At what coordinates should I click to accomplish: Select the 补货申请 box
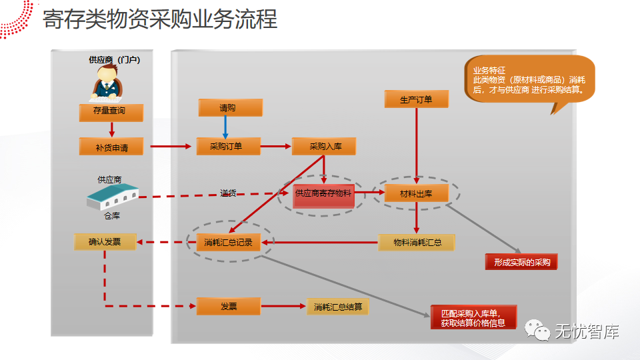pyautogui.click(x=111, y=147)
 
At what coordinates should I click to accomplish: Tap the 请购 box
pyautogui.click(x=230, y=107)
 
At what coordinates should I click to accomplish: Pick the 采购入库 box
pyautogui.click(x=323, y=146)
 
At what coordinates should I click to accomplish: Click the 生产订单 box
pyautogui.click(x=416, y=99)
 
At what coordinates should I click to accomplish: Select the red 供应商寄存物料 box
pyautogui.click(x=323, y=193)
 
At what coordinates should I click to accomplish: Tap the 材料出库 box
pyautogui.click(x=416, y=193)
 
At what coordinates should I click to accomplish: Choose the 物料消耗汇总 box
pyautogui.click(x=417, y=242)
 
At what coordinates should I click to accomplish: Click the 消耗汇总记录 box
pyautogui.click(x=229, y=242)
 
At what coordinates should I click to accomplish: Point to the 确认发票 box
pyautogui.click(x=105, y=241)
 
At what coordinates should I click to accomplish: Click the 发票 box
pyautogui.click(x=229, y=306)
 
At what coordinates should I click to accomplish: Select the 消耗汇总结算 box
pyautogui.click(x=338, y=307)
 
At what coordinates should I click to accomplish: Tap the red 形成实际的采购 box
pyautogui.click(x=521, y=262)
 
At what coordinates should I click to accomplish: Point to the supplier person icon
pyautogui.click(x=107, y=84)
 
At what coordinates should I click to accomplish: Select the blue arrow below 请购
pyautogui.click(x=225, y=127)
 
